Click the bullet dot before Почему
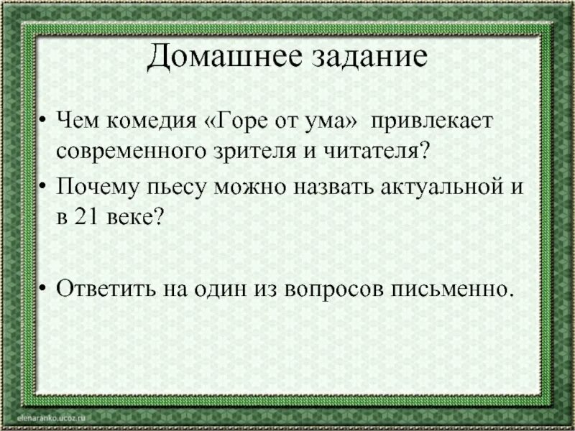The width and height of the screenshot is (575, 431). (x=45, y=188)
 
